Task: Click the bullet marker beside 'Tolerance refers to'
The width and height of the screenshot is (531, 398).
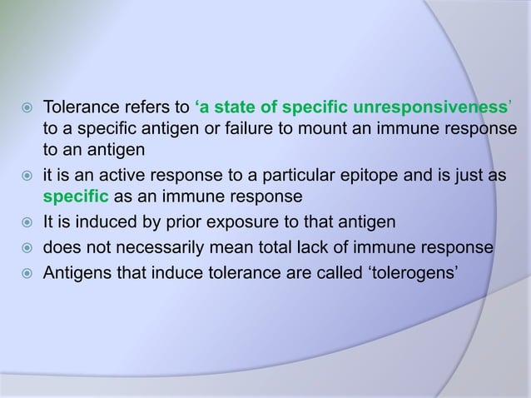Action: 26,108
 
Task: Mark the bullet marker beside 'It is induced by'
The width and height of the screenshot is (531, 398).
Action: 26,223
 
